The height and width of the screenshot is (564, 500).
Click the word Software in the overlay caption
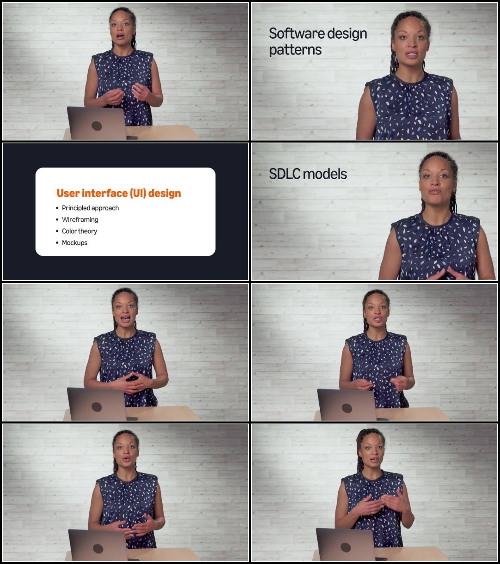click(296, 33)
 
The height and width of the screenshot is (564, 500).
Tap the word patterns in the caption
click(295, 51)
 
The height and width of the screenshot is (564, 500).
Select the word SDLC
click(284, 174)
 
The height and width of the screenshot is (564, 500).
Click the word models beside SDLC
click(325, 174)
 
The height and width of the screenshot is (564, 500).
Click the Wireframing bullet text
click(80, 219)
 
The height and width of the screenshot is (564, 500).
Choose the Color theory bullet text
click(79, 231)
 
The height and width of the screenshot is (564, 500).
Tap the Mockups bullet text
click(74, 243)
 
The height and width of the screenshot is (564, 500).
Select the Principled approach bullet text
click(91, 208)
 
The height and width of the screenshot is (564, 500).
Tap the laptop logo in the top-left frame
click(97, 126)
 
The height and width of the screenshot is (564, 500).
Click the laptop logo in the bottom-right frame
click(346, 547)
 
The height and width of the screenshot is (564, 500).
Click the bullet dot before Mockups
click(57, 243)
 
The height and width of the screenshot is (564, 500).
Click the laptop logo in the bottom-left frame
click(98, 549)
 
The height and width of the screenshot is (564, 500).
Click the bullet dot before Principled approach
click(57, 208)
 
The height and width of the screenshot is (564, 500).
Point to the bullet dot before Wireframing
click(57, 220)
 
